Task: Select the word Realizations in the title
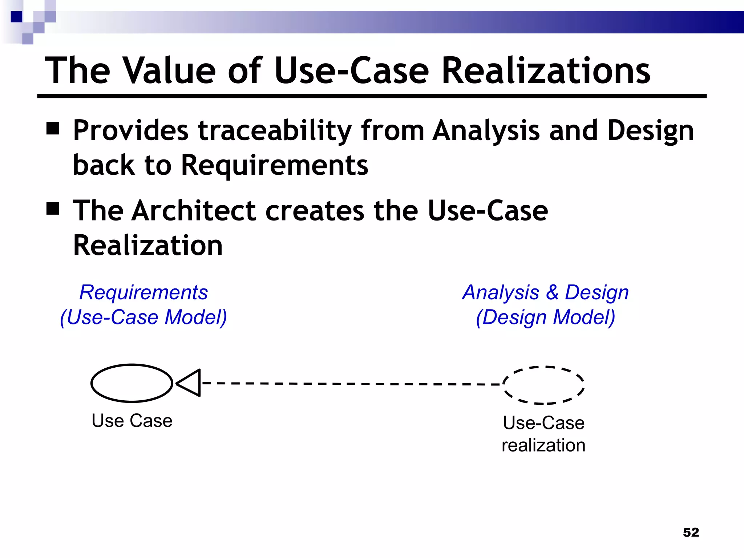click(x=545, y=71)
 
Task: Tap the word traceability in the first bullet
click(x=275, y=130)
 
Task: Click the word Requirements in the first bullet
click(x=275, y=165)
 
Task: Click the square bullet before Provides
click(x=53, y=128)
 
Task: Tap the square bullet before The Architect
click(x=53, y=209)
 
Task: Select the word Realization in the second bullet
click(x=148, y=246)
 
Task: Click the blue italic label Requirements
click(x=143, y=292)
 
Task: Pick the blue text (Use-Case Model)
click(x=143, y=317)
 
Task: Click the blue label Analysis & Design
click(x=545, y=292)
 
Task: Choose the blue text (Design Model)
click(x=545, y=317)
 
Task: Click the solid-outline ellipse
click(x=132, y=383)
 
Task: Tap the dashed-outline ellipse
click(x=543, y=385)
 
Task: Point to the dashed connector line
click(x=349, y=384)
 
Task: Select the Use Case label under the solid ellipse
click(x=132, y=421)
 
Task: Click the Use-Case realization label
click(x=543, y=434)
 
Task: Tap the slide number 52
click(x=691, y=533)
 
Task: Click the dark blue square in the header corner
click(x=16, y=17)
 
